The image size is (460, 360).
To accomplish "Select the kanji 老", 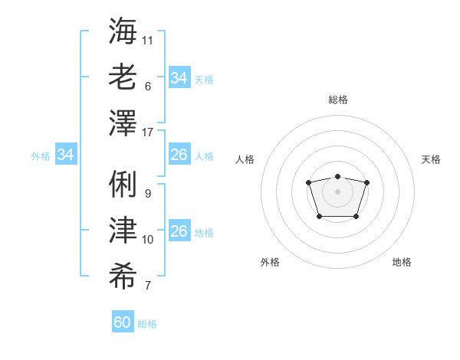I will click(123, 76).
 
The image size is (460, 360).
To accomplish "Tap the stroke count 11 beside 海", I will click(148, 39).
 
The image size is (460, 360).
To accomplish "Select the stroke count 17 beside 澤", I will click(148, 133).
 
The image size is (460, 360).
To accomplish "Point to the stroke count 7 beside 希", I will click(148, 286).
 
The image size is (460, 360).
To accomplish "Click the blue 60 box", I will click(123, 322).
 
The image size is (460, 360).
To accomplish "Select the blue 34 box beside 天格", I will click(179, 78).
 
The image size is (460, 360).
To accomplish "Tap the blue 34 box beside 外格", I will click(66, 155).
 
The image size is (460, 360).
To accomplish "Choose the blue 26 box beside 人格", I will click(179, 155).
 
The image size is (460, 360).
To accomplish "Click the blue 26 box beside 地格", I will click(179, 231).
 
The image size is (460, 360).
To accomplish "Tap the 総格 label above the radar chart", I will click(337, 100).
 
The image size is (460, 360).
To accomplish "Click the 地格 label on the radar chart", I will click(402, 262).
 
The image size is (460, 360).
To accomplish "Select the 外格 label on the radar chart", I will click(270, 262).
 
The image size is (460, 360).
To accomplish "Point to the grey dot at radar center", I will click(337, 191).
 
